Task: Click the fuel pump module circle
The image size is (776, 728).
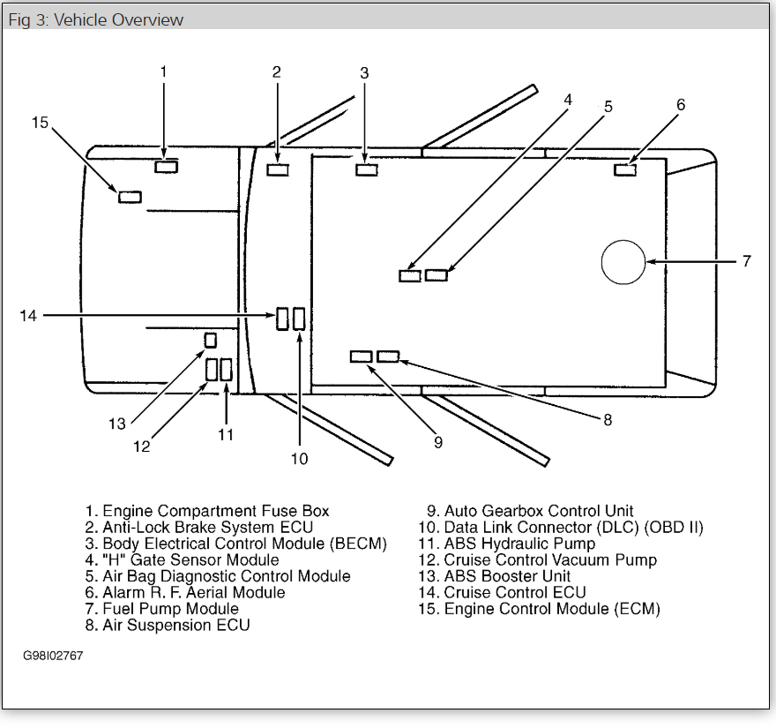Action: pyautogui.click(x=623, y=261)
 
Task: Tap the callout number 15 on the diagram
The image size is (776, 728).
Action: pyautogui.click(x=40, y=123)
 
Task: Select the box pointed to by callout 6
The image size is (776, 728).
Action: pyautogui.click(x=625, y=169)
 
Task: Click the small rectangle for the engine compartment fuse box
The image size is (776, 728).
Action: pyautogui.click(x=166, y=167)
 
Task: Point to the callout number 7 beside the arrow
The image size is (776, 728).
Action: pyautogui.click(x=746, y=261)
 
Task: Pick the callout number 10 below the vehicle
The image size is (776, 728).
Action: pyautogui.click(x=300, y=458)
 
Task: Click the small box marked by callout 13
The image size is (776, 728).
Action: pyautogui.click(x=211, y=340)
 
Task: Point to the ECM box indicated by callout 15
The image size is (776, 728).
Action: pyautogui.click(x=130, y=196)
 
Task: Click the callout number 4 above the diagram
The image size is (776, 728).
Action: pyautogui.click(x=568, y=100)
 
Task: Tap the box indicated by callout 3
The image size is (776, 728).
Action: pyautogui.click(x=367, y=169)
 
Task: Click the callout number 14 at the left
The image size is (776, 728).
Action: pyautogui.click(x=29, y=314)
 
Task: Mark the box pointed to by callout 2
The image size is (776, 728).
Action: pyautogui.click(x=278, y=169)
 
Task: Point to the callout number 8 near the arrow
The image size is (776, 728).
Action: pyautogui.click(x=608, y=420)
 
